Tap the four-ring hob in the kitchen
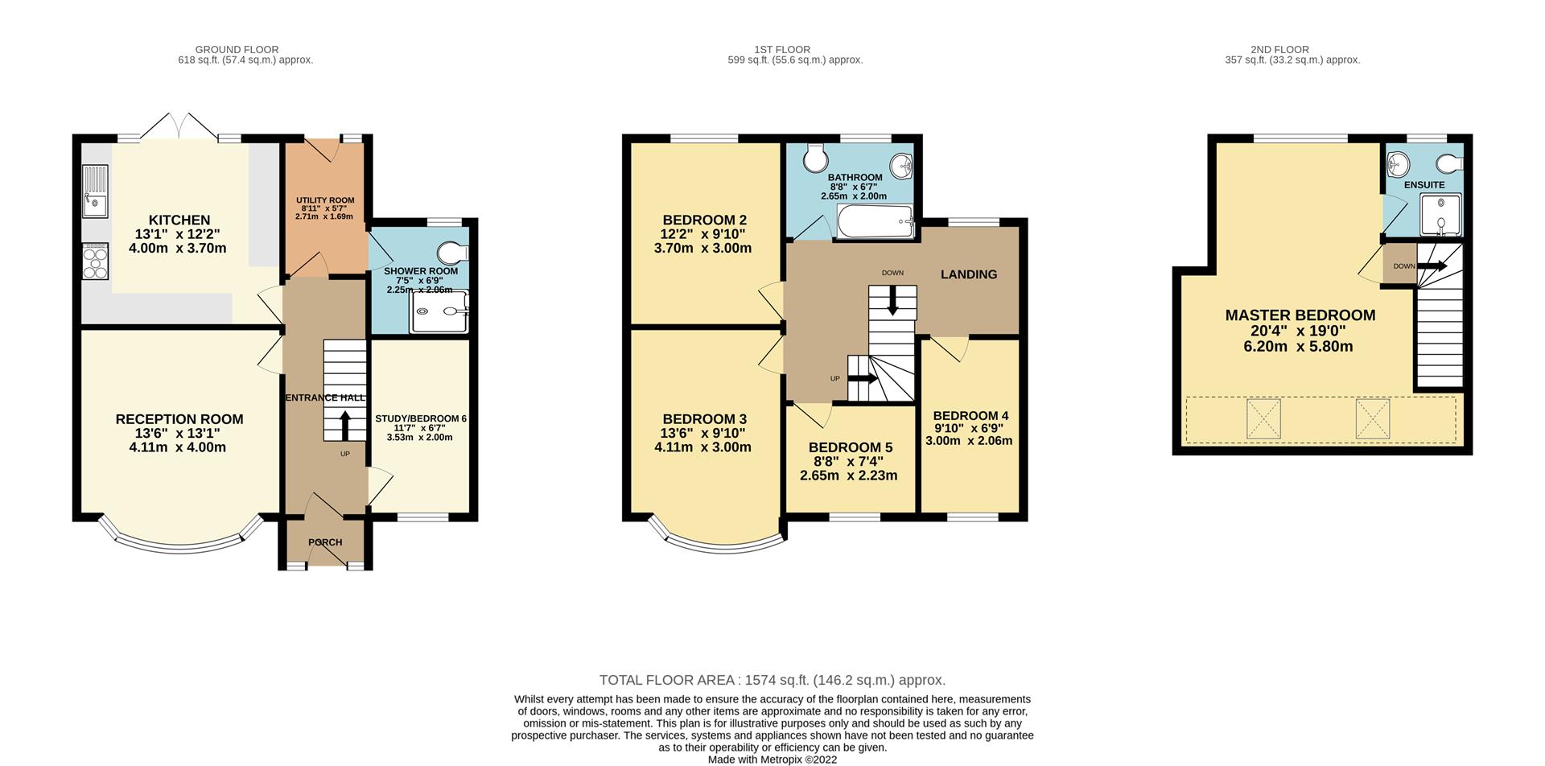[x=95, y=261]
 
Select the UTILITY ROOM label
[x=325, y=200]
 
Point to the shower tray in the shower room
[x=439, y=311]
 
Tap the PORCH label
[x=325, y=542]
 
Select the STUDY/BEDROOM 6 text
[x=421, y=418]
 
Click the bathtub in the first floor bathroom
[x=875, y=221]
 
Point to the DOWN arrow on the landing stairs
[x=892, y=303]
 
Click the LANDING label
[x=969, y=274]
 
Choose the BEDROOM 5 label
[x=851, y=447]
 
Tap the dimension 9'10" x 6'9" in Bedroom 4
[x=970, y=428]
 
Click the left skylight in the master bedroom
[x=1263, y=418]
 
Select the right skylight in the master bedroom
[x=1373, y=418]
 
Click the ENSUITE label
[x=1424, y=185]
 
